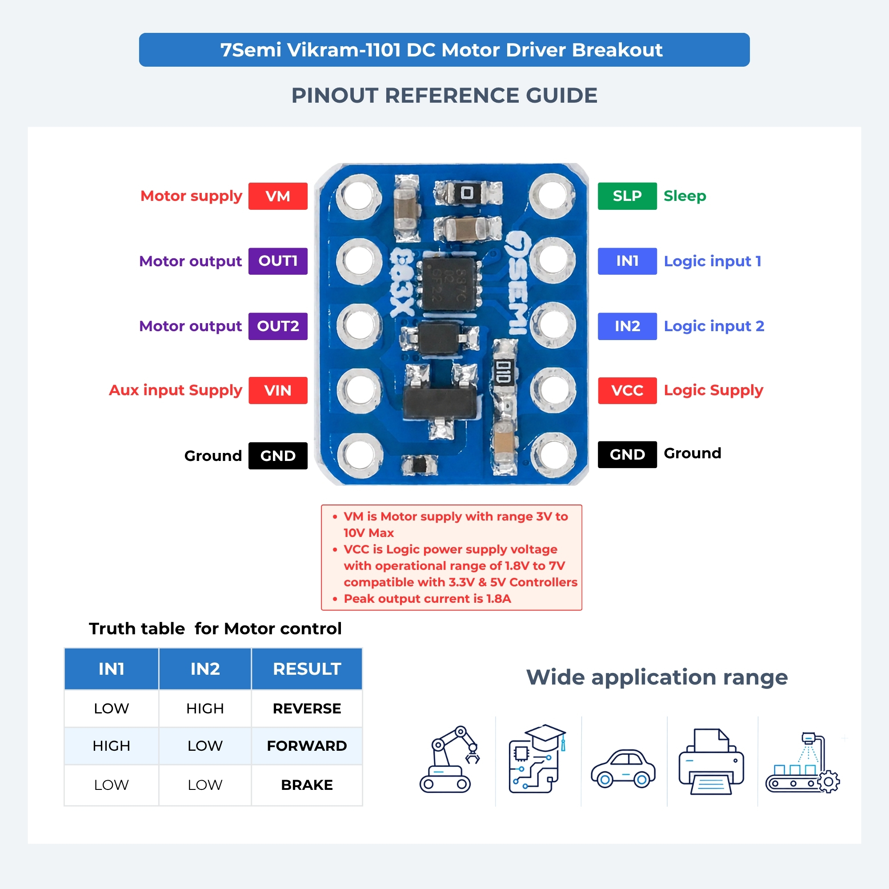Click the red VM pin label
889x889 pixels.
coord(278,196)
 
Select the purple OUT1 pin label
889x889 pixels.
coord(278,261)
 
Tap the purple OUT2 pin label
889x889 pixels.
coord(278,326)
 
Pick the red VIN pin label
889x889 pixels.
coord(278,391)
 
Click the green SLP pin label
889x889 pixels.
coord(627,196)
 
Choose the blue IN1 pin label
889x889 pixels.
coord(627,261)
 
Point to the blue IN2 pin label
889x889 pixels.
coord(627,326)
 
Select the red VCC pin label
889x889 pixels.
coord(627,391)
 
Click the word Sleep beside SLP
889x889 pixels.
coord(685,196)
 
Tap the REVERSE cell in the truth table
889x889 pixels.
coord(307,708)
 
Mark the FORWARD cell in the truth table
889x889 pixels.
coord(307,745)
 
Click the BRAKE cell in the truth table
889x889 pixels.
coord(307,785)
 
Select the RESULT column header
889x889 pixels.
coord(307,669)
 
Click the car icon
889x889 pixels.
coord(624,769)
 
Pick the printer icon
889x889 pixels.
coord(711,761)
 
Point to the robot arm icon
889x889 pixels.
coord(449,759)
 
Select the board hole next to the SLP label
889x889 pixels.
coord(552,196)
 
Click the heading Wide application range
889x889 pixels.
coord(657,677)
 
